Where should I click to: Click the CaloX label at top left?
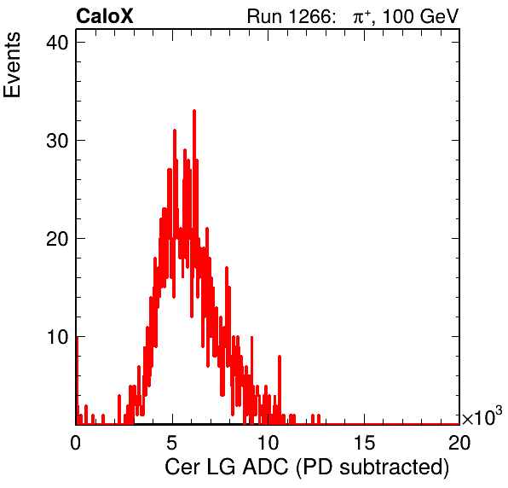105,16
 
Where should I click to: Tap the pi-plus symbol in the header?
361,16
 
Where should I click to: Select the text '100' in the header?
398,16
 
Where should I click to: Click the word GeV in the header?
439,16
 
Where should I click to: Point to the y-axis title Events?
12,65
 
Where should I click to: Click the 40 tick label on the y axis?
57,43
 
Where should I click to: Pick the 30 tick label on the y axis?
57,141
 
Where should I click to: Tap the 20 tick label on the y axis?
57,239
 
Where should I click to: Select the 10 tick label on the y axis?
57,337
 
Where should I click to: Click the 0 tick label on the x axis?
76,442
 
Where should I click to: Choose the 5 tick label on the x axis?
171,442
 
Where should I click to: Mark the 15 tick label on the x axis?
365,442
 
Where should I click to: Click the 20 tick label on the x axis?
459,442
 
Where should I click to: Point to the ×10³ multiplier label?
482,416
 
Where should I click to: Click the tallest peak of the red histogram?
194,111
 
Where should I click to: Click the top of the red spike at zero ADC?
77,337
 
